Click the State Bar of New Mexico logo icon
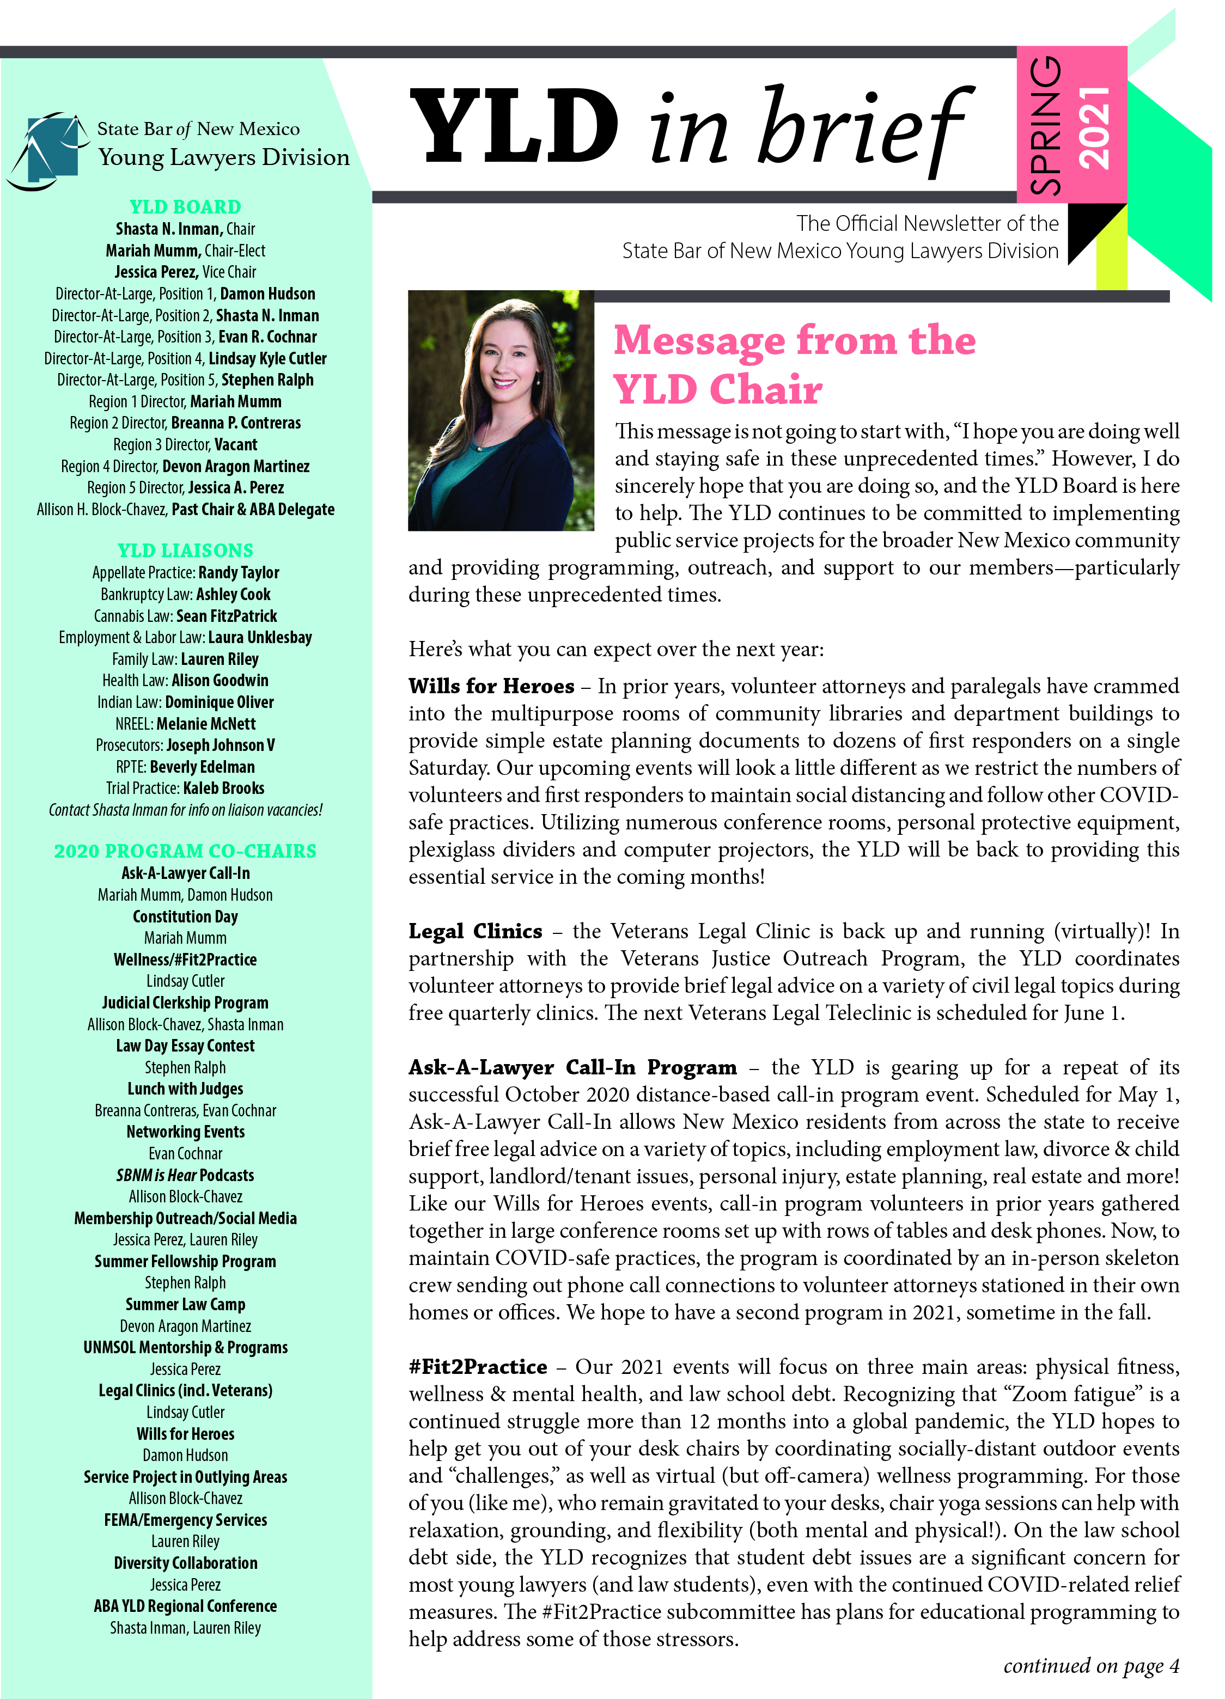pyautogui.click(x=48, y=150)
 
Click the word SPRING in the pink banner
pyautogui.click(x=1046, y=126)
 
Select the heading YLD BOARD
pyautogui.click(x=185, y=207)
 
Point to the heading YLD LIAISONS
pyautogui.click(x=185, y=551)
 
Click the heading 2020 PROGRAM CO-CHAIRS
pyautogui.click(x=185, y=851)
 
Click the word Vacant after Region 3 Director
pyautogui.click(x=236, y=445)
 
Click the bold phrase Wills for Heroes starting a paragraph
pyautogui.click(x=491, y=686)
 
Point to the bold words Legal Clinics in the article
pyautogui.click(x=475, y=931)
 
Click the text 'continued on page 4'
pyautogui.click(x=1091, y=1665)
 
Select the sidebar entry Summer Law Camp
pyautogui.click(x=185, y=1304)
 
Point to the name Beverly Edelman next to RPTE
pyautogui.click(x=202, y=767)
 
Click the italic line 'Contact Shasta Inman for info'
pyautogui.click(x=185, y=810)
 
